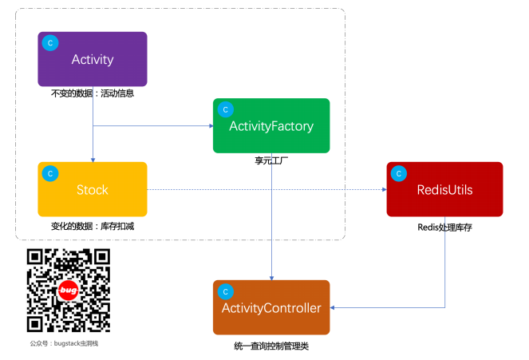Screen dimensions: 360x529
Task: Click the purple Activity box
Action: [93, 59]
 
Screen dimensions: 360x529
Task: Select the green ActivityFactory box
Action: [271, 125]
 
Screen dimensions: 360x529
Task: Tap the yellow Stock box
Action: [93, 189]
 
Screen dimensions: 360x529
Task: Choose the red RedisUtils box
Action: [444, 189]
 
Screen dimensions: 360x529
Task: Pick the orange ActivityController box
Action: [271, 307]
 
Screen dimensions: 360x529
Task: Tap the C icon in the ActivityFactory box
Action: [226, 109]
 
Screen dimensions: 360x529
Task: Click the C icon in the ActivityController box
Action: [226, 291]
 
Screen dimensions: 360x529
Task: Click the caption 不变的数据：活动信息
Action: [93, 93]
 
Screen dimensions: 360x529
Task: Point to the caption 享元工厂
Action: [270, 160]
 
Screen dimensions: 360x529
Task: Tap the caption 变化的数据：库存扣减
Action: [93, 226]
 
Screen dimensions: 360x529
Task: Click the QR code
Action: [69, 291]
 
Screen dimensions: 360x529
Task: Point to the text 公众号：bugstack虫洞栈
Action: [69, 343]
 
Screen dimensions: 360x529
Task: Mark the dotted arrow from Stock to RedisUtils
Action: [263, 189]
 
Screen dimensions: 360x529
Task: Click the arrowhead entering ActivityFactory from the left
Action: [209, 125]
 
